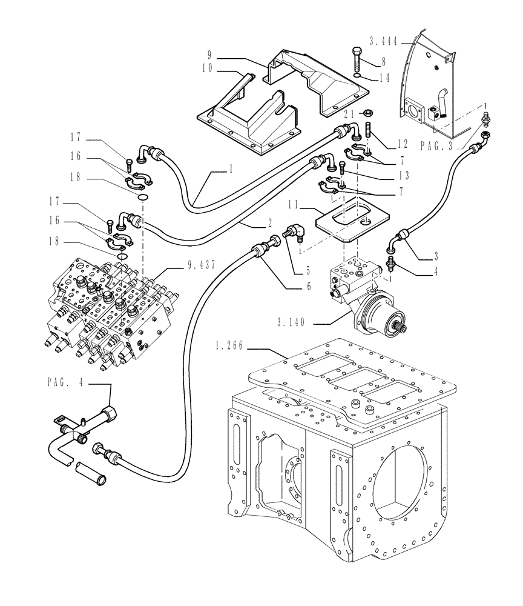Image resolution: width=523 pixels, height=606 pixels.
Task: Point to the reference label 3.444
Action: [x=383, y=41]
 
